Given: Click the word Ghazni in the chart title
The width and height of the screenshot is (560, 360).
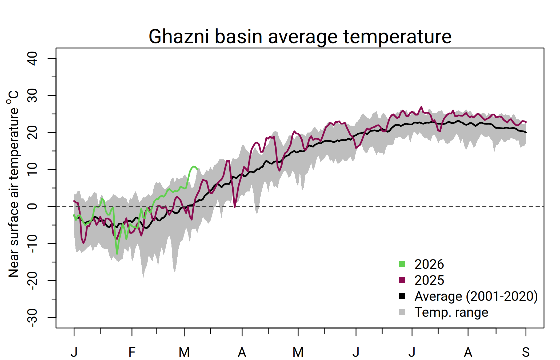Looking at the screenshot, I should (179, 37).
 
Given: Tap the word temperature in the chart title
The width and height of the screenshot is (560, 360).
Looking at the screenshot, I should (397, 37).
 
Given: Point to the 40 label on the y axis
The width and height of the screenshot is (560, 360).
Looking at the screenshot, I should (33, 58).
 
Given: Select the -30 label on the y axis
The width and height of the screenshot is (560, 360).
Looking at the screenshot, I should (33, 318).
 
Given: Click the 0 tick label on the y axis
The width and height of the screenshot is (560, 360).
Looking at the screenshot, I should (33, 206).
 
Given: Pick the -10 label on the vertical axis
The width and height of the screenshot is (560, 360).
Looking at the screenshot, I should (33, 244).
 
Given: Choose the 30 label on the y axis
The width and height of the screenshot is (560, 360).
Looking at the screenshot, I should (33, 95).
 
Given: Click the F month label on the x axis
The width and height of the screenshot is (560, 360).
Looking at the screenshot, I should (132, 352).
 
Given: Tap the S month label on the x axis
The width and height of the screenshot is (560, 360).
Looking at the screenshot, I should (526, 352).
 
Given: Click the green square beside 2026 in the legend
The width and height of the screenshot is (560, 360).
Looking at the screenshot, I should (402, 264).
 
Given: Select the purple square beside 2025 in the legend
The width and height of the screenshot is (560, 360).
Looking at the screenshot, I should (402, 280).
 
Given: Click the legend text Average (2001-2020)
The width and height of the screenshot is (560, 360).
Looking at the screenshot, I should (476, 296).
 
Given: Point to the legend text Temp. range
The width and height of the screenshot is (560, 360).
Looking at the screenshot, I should (451, 312).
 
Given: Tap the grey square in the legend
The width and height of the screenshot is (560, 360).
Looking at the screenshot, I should (402, 312).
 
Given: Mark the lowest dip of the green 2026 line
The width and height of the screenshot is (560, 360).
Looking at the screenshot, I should (117, 254).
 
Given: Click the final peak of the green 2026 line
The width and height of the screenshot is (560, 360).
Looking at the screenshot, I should (194, 166).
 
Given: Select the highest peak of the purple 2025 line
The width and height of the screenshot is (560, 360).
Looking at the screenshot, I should (421, 107).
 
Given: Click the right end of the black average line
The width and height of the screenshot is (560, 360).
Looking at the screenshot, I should (526, 132).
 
